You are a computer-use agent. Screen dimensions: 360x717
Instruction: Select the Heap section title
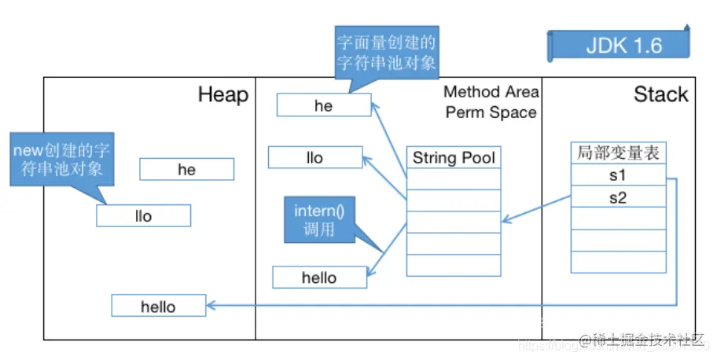click(222, 95)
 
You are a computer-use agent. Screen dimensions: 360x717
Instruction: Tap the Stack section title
click(660, 95)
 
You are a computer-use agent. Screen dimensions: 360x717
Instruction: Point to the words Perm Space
click(491, 112)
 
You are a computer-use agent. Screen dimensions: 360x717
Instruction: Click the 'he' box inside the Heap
click(186, 170)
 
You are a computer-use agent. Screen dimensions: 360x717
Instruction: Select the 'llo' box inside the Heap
click(143, 215)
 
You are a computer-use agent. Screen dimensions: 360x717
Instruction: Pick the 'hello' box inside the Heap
click(158, 307)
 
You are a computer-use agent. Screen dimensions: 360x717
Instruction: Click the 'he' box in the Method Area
click(323, 105)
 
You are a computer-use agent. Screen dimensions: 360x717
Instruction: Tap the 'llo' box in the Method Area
click(314, 157)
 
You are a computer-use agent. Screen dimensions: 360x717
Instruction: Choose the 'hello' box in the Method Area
click(319, 277)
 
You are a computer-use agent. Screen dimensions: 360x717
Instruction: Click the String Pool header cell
click(454, 158)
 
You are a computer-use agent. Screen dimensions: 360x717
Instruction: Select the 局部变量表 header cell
click(618, 153)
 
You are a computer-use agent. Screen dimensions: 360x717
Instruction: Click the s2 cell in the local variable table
click(618, 197)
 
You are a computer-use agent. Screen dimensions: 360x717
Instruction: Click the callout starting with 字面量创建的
click(386, 52)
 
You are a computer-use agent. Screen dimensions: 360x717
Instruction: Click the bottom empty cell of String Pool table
click(454, 266)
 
